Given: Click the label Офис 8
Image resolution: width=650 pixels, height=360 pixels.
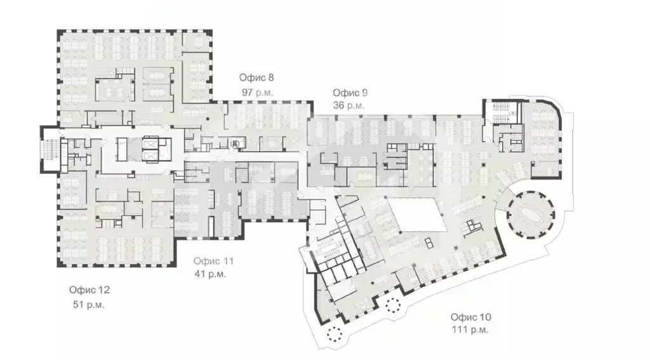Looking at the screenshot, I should (x=256, y=78).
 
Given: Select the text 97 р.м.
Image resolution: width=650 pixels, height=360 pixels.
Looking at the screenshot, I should (x=256, y=92).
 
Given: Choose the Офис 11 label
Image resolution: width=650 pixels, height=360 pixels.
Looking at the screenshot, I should (x=214, y=261).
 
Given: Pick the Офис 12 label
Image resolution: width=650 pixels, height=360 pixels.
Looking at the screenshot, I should (x=90, y=290).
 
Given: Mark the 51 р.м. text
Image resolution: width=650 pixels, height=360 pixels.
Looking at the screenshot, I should (x=89, y=304).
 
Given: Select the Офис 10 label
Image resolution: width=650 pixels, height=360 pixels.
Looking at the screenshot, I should (x=470, y=316).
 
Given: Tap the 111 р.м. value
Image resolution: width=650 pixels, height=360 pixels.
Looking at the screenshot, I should (x=470, y=330).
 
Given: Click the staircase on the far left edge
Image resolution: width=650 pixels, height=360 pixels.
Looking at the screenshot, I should (x=50, y=150).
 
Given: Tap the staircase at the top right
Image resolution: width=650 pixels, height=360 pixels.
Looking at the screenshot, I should (x=500, y=112).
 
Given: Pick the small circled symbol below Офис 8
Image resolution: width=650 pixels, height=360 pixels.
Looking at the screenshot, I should (x=235, y=144).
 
